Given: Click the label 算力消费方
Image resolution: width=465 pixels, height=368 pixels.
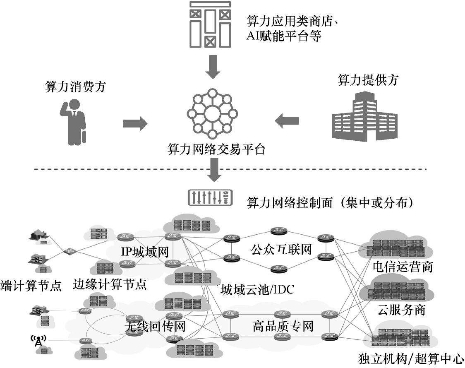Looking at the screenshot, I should (x=75, y=87).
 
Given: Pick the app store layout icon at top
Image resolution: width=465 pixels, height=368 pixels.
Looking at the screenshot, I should (x=210, y=24).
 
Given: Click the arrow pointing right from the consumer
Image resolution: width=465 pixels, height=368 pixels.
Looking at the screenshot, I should (x=135, y=123).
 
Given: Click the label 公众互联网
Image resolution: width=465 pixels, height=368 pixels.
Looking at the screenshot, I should (x=280, y=250).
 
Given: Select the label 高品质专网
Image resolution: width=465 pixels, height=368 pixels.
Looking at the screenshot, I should (x=283, y=326).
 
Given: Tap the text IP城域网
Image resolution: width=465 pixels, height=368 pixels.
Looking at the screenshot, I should (x=145, y=252).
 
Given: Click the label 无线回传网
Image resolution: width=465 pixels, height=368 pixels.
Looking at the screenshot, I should (x=154, y=327).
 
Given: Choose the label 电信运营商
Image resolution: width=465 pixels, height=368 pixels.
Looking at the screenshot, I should (x=402, y=266).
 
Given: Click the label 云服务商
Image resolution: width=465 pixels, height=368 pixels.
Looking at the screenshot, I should (x=401, y=310).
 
